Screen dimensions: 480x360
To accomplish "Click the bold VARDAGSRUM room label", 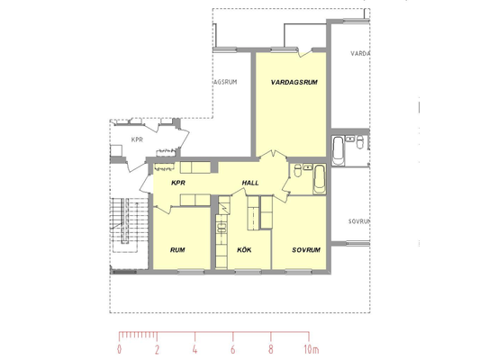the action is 294,82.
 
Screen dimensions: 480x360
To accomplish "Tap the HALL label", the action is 250,183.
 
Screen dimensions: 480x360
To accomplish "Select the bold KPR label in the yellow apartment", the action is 178,183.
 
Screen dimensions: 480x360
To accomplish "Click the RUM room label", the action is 177,250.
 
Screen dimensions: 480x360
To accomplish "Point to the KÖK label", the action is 244,250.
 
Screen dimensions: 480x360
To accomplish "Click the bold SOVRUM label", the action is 306,250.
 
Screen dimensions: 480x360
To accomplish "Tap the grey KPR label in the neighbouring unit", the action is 137,139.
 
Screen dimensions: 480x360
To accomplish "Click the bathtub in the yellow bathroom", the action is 320,179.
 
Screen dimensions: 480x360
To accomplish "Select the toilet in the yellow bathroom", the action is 297,170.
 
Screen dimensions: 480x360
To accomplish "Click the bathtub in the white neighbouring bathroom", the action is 338,151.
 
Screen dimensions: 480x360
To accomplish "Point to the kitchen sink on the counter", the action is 222,229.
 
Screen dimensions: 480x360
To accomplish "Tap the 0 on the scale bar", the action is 119,349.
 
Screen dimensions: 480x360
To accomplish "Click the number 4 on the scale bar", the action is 195,349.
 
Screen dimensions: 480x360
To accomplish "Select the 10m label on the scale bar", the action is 312,349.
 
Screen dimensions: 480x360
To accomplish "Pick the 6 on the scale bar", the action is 233,349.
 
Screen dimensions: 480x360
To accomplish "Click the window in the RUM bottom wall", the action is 191,271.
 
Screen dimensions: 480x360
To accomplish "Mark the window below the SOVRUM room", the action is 298,271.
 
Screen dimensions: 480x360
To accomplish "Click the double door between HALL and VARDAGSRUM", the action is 273,154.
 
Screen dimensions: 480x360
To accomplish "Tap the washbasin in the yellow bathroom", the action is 307,166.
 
